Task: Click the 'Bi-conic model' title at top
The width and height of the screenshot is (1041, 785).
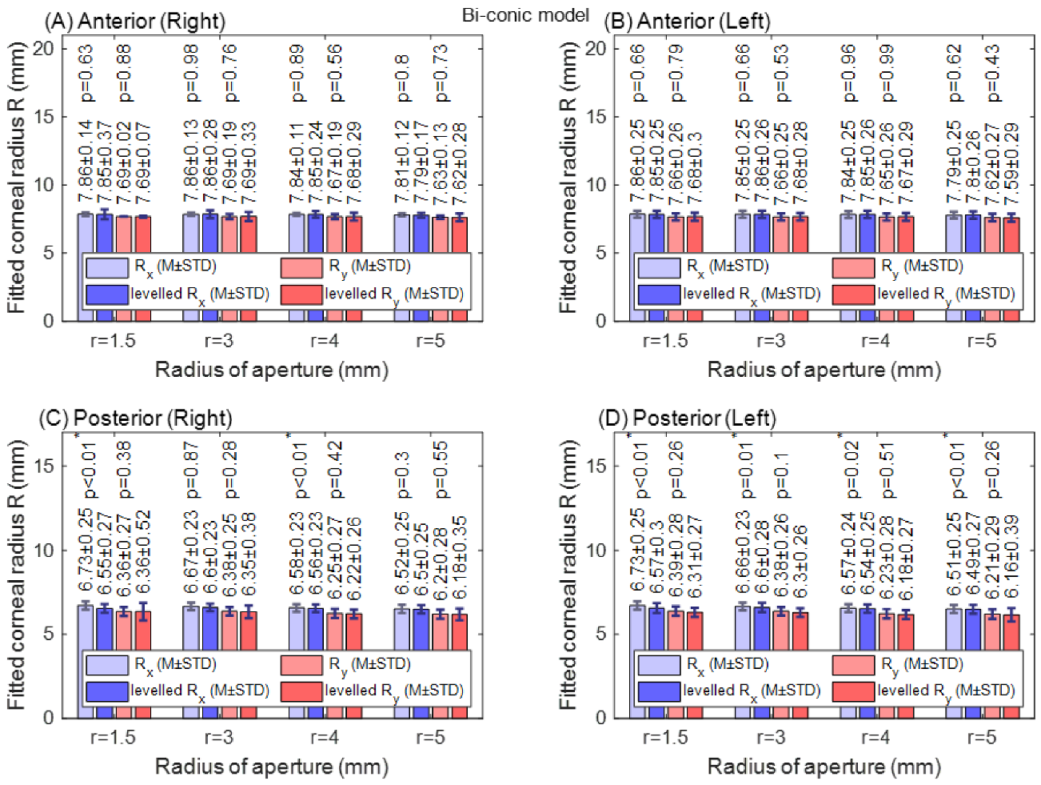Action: coord(525,15)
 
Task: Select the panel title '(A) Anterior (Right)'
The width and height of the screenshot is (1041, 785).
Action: coord(134,22)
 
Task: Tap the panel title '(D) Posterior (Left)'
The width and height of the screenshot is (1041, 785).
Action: coord(687,418)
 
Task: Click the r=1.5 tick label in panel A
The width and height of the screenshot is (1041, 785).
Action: coord(113,341)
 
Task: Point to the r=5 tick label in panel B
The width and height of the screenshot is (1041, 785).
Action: coord(982,341)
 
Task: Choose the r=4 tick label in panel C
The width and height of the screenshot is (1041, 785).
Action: coord(325,737)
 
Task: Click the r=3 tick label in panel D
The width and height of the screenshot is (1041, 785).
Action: coord(771,737)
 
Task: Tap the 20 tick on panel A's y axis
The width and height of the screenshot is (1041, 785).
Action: coord(44,49)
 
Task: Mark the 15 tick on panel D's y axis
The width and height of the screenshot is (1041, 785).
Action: coord(596,467)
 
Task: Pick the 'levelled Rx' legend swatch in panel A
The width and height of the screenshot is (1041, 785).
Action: coord(106,294)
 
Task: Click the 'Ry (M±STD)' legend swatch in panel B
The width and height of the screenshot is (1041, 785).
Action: coord(853,267)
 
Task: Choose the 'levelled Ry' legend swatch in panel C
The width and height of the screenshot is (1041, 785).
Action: coord(301,691)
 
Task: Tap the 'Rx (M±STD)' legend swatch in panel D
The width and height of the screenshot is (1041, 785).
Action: coord(659,664)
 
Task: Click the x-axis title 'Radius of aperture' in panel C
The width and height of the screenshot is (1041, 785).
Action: coord(271,767)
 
